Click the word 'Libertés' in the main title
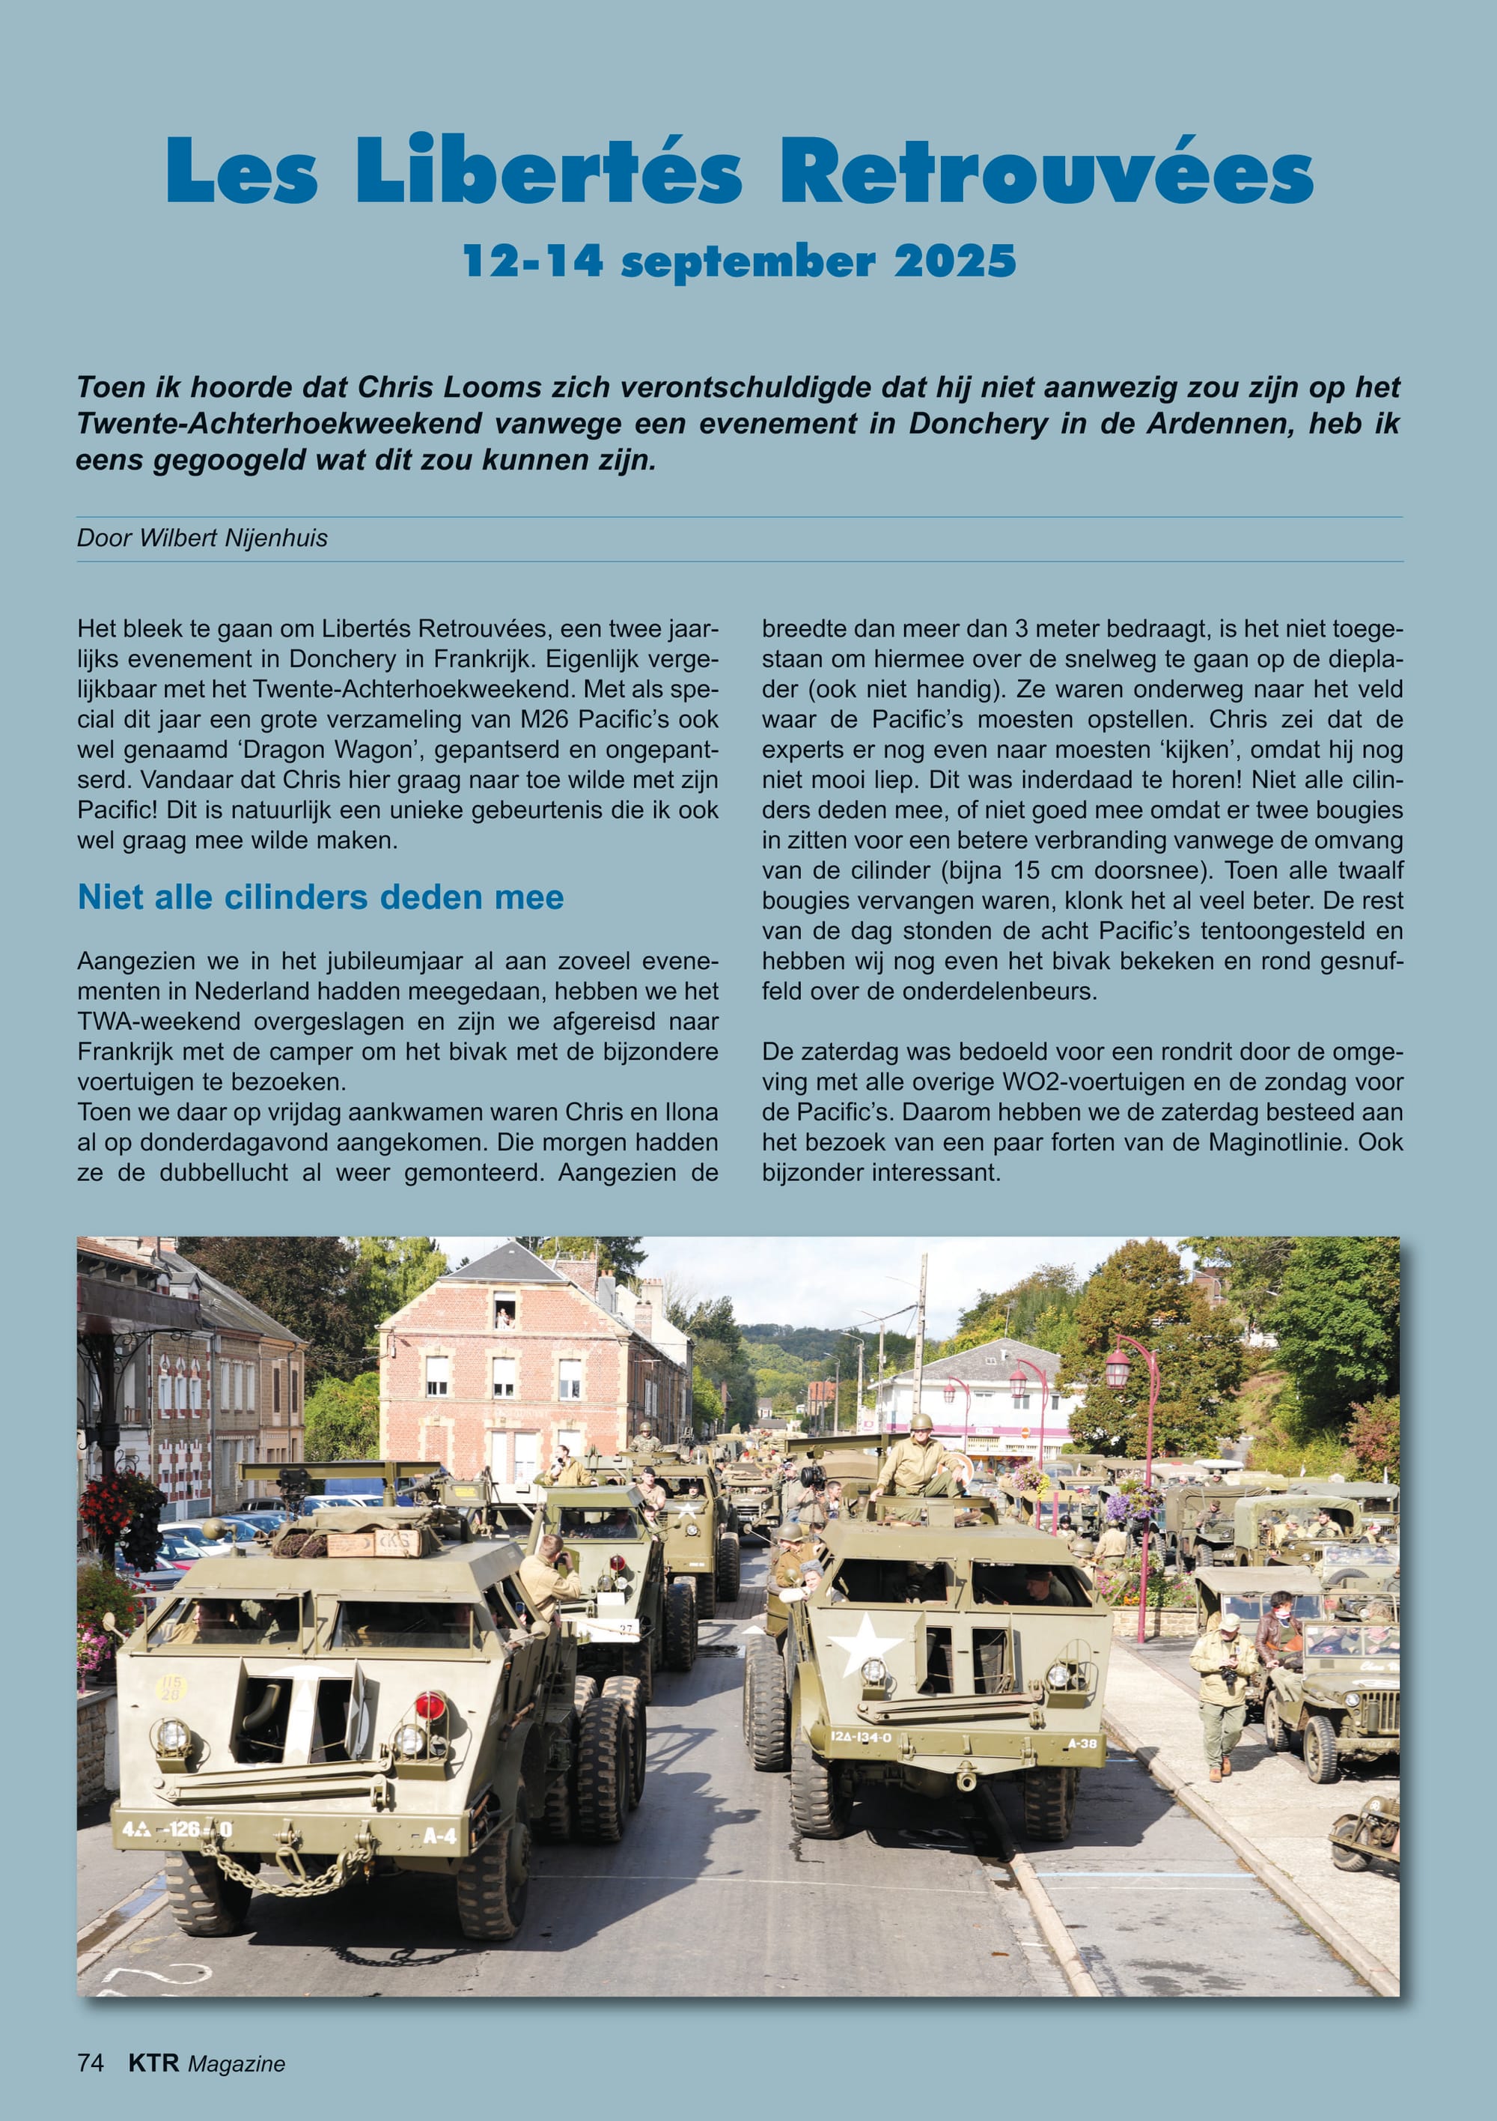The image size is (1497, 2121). pos(549,171)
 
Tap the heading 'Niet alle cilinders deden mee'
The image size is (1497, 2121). pos(320,897)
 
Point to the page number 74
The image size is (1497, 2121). pos(91,2063)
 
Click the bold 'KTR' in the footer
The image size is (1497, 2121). pos(153,2063)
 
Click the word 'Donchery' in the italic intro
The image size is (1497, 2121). pos(978,423)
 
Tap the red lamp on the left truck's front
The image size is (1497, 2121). pos(430,1705)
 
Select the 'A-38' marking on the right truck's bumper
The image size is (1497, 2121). pos(1082,1744)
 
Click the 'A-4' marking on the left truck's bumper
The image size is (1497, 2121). pos(439,1832)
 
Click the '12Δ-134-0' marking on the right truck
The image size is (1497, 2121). pos(861,1737)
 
